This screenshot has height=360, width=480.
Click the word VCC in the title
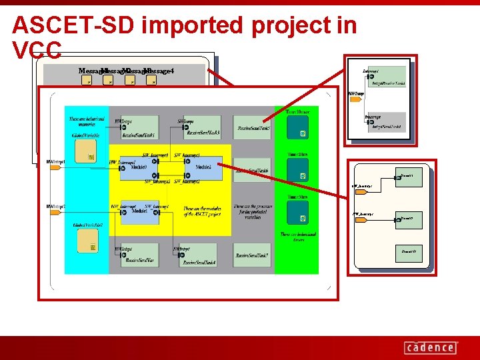click(x=37, y=50)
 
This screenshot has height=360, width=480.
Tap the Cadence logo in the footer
click(x=430, y=347)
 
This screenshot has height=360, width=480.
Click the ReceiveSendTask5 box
click(x=252, y=127)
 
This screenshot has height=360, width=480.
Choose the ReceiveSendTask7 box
click(x=252, y=255)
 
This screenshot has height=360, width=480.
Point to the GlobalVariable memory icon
click(x=85, y=155)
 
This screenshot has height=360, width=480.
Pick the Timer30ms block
click(x=297, y=213)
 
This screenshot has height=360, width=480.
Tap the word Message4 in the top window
click(x=159, y=71)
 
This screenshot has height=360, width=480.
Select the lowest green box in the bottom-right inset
click(x=408, y=252)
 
